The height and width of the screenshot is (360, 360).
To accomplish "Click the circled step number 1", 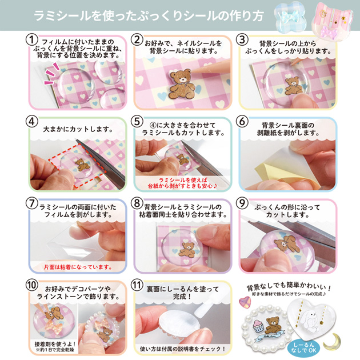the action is pyautogui.click(x=31, y=40).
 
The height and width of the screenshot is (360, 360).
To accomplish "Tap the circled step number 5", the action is pyautogui.click(x=137, y=122).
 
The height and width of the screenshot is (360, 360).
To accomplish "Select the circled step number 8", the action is pyautogui.click(x=137, y=203).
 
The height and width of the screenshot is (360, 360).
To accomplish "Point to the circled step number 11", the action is pyautogui.click(x=137, y=285).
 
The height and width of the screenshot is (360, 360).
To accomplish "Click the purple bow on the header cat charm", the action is pyautogui.click(x=329, y=31).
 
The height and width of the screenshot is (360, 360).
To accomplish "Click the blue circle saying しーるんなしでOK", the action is pyautogui.click(x=303, y=347).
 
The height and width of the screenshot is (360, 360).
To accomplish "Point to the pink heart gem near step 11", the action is pyautogui.click(x=245, y=302).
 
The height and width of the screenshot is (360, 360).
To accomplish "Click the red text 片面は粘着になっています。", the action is pyautogui.click(x=78, y=267).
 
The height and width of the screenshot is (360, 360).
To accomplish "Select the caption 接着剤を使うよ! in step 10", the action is pyautogui.click(x=55, y=344).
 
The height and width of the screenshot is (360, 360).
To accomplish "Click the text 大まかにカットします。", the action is pyautogui.click(x=78, y=129).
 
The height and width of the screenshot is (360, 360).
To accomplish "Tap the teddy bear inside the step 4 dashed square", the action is pyautogui.click(x=82, y=165).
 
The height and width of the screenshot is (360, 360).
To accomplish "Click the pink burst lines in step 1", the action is pyautogui.click(x=52, y=74).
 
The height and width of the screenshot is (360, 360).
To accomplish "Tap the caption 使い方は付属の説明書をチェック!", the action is pyautogui.click(x=183, y=349).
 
